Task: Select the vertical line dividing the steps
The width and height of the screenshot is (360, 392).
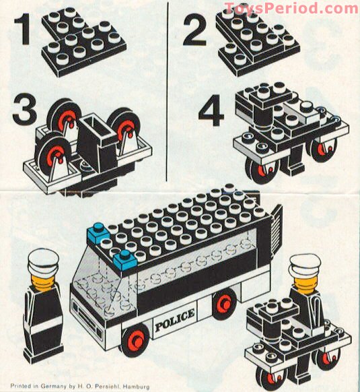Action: pyautogui.click(x=166, y=94)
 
